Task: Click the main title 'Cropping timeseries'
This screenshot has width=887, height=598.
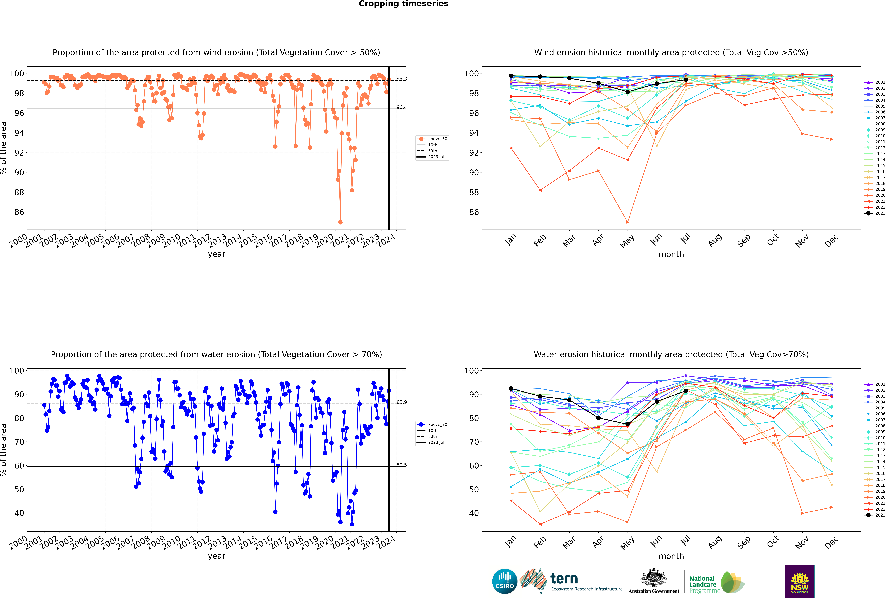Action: [x=403, y=4]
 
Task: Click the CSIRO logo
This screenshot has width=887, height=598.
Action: [x=504, y=581]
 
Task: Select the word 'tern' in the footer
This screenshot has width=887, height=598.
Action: [x=564, y=579]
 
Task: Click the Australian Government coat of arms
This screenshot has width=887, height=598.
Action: [x=654, y=578]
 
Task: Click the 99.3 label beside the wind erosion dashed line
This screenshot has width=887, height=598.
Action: [x=402, y=79]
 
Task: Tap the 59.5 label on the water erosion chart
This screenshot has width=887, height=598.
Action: [x=402, y=465]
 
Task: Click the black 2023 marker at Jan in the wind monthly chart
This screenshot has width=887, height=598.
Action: [x=511, y=76]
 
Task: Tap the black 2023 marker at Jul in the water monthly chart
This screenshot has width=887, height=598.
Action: [x=686, y=391]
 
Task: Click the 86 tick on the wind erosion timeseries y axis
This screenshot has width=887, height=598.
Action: [x=19, y=212]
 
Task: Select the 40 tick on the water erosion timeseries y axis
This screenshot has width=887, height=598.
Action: [x=19, y=513]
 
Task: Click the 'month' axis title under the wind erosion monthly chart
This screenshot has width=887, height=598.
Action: [x=671, y=254]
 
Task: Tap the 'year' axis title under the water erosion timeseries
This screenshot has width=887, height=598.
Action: [x=217, y=556]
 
